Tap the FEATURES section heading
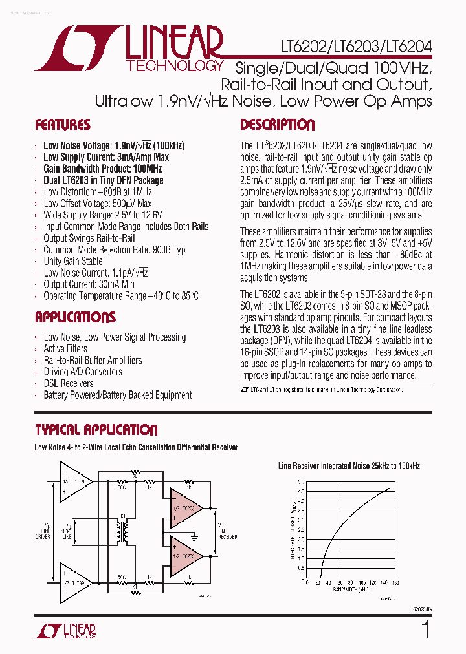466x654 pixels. pos(63,125)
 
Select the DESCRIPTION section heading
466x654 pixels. pos(278,125)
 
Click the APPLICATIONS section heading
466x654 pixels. pos(75,317)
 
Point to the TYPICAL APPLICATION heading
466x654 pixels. pos(96,430)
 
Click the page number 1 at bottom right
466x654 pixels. pos(425,629)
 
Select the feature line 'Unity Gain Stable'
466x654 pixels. pos(73,261)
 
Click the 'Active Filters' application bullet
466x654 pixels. pos(65,349)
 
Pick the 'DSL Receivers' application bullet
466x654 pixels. pos(69,383)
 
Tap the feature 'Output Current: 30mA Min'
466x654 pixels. pos(89,284)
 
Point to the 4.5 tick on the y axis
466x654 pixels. pos(300,491)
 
